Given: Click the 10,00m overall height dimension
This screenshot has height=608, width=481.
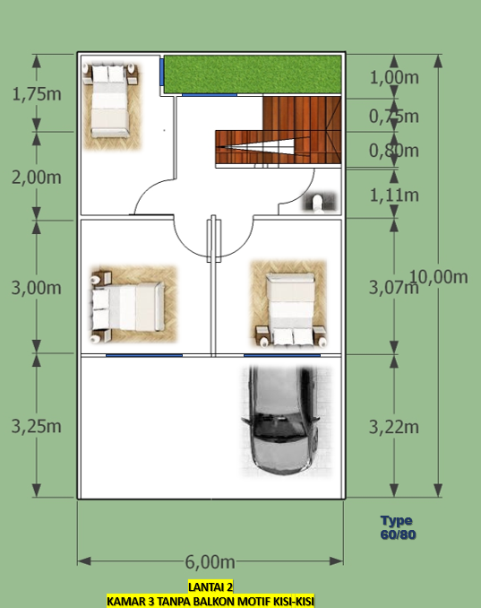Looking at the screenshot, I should pyautogui.click(x=438, y=276).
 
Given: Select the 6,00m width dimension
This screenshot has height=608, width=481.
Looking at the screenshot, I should pyautogui.click(x=210, y=561).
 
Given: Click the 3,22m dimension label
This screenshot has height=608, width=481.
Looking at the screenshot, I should pyautogui.click(x=394, y=427).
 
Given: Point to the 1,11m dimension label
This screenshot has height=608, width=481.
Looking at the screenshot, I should pyautogui.click(x=394, y=195).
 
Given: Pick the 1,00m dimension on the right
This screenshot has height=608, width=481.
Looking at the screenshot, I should pyautogui.click(x=394, y=77).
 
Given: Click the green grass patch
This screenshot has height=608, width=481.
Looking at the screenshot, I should pyautogui.click(x=253, y=74).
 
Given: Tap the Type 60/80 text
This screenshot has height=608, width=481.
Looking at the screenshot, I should pyautogui.click(x=397, y=527).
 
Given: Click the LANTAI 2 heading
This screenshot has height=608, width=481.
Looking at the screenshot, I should pyautogui.click(x=210, y=587).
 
